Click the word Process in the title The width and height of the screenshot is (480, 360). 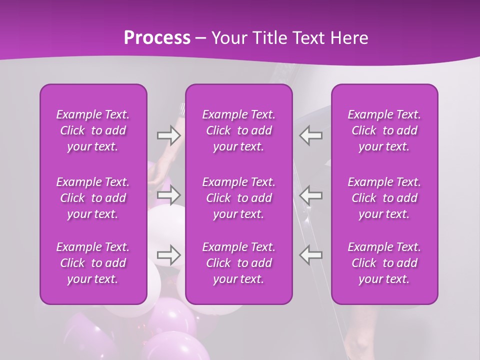pyautogui.click(x=157, y=38)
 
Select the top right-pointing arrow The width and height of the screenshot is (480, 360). pyautogui.click(x=169, y=135)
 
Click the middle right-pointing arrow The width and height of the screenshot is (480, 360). pyautogui.click(x=169, y=194)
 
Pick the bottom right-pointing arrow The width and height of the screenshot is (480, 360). pyautogui.click(x=169, y=255)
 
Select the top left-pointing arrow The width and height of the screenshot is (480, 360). pyautogui.click(x=311, y=135)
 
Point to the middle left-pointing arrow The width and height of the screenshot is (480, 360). pyautogui.click(x=311, y=194)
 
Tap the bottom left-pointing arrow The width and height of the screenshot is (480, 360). pyautogui.click(x=311, y=255)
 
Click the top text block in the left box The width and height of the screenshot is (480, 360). pyautogui.click(x=93, y=130)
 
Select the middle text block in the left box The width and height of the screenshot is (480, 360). pyautogui.click(x=93, y=197)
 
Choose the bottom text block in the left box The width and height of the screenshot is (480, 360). pyautogui.click(x=93, y=263)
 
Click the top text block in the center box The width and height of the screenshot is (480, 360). pyautogui.click(x=238, y=130)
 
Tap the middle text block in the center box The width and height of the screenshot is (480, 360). pyautogui.click(x=238, y=197)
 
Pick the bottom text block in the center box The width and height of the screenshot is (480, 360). pyautogui.click(x=238, y=263)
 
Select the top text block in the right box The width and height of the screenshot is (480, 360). pyautogui.click(x=384, y=130)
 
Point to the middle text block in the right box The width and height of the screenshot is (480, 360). pyautogui.click(x=384, y=197)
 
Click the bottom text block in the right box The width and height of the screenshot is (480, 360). pyautogui.click(x=384, y=263)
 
